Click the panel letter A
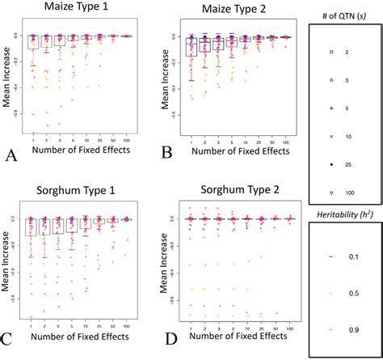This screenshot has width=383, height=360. [11, 156]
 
